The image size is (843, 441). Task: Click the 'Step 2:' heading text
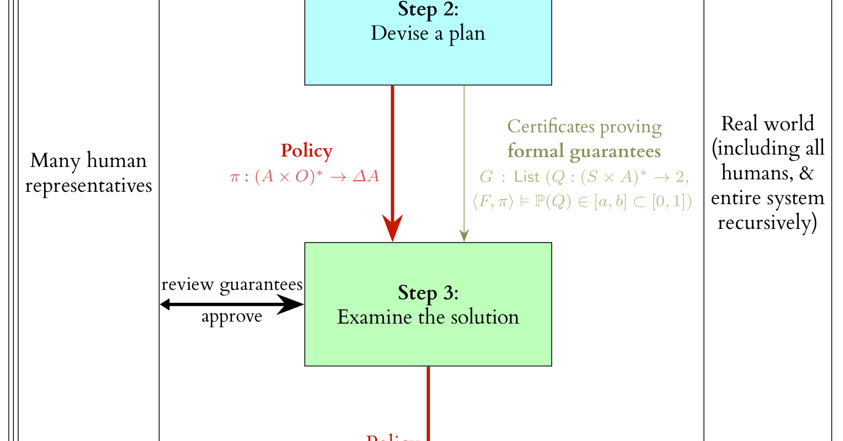pos(428,9)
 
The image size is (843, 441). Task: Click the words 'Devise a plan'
pos(428,34)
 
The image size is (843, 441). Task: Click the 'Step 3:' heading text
pos(428,293)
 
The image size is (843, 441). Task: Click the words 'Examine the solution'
pos(428,317)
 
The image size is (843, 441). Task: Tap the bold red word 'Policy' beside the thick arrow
pos(306,151)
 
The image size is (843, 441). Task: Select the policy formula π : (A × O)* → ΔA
pos(305,176)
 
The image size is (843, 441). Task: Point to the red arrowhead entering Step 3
pos(393,228)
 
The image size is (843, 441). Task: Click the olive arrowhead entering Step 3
pos(464,235)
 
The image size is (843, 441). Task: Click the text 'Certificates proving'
pos(584,127)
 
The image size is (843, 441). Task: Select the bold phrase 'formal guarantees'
pos(584,151)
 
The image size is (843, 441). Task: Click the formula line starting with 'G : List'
pos(584,176)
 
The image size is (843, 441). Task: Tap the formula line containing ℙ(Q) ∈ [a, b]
pos(582,201)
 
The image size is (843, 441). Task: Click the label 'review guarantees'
pos(232,284)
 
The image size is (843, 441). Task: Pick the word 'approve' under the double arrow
pos(232,316)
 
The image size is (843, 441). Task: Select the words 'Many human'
pos(88,161)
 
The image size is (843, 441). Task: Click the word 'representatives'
pos(88,186)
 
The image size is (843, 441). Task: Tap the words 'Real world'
pos(767,124)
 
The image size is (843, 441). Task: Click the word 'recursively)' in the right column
pos(767,222)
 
